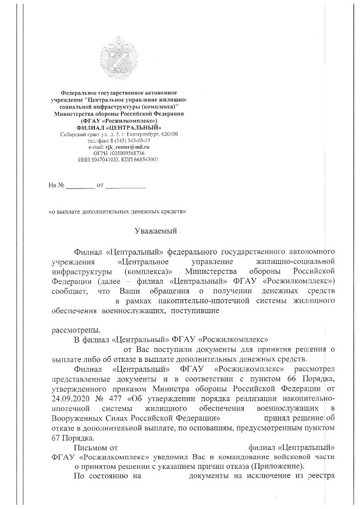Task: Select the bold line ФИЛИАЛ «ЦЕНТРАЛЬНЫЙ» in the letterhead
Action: (x=119, y=128)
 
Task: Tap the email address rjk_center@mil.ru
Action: (x=126, y=148)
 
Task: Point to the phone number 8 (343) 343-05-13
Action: (x=130, y=141)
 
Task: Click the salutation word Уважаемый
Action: (x=155, y=231)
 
